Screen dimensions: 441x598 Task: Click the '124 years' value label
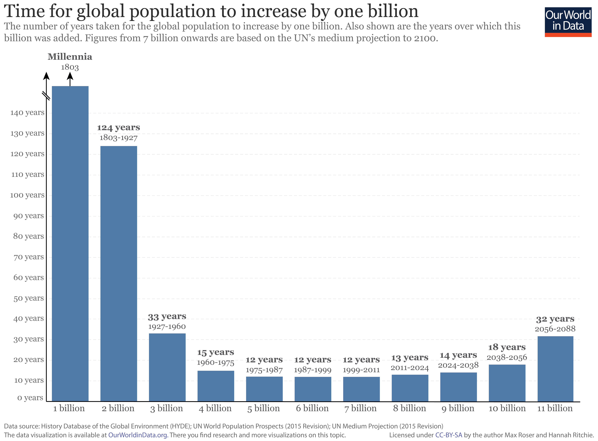click(x=118, y=128)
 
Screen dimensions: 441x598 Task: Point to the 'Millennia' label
click(x=70, y=57)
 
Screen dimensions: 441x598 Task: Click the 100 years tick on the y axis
click(x=27, y=195)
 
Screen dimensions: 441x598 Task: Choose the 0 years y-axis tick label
click(x=30, y=398)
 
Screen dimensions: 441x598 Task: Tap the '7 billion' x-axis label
click(x=360, y=408)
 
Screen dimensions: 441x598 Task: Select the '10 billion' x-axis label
click(x=507, y=408)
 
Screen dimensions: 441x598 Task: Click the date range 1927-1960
click(x=167, y=326)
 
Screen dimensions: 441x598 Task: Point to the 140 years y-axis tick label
click(x=27, y=113)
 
